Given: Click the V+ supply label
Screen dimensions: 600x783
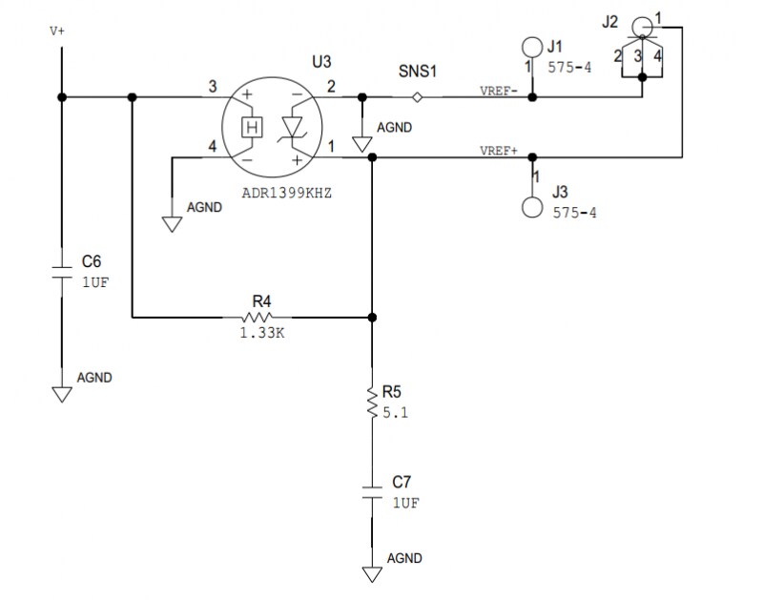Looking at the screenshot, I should tap(57, 31).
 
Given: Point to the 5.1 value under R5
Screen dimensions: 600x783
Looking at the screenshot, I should tap(394, 414).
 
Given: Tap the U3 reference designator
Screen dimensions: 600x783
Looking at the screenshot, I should tap(321, 62).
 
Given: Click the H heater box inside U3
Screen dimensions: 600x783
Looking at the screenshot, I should tap(252, 128).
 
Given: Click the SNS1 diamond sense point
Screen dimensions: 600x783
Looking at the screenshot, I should tap(417, 97).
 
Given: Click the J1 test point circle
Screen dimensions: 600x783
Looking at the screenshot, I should tap(532, 47).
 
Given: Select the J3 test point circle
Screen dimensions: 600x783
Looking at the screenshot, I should tap(532, 207).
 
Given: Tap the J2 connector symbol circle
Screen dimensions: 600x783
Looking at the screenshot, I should tap(644, 26).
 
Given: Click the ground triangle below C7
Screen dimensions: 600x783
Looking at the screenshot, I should tap(371, 574).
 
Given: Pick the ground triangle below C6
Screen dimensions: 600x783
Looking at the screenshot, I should tap(62, 393).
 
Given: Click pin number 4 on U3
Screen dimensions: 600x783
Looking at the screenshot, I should tap(212, 146).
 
